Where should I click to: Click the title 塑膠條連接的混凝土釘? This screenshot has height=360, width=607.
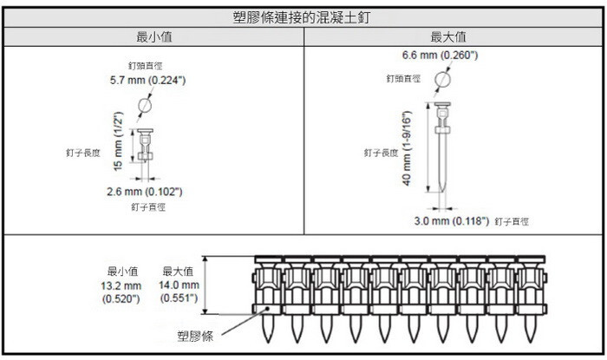click(303, 16)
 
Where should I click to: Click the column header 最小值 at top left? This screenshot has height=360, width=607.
click(153, 36)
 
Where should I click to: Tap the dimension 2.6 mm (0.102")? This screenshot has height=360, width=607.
click(144, 191)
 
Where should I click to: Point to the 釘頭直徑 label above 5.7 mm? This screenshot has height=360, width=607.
click(144, 65)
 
